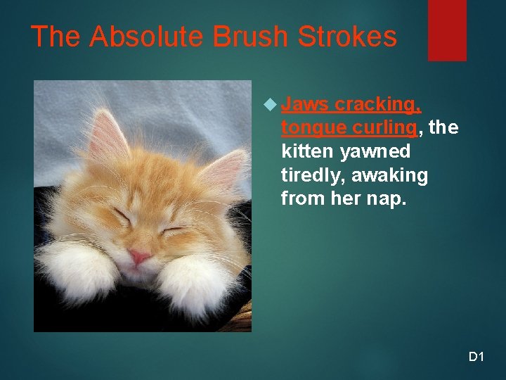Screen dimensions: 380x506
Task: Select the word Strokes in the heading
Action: pyautogui.click(x=347, y=37)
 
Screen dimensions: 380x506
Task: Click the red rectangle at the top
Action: pyautogui.click(x=447, y=30)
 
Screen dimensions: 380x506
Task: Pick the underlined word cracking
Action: pyautogui.click(x=378, y=105)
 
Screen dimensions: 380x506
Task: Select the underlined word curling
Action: pyautogui.click(x=384, y=129)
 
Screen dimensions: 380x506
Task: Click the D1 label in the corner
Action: pyautogui.click(x=476, y=357)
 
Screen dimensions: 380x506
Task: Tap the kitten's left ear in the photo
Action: pyautogui.click(x=106, y=137)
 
